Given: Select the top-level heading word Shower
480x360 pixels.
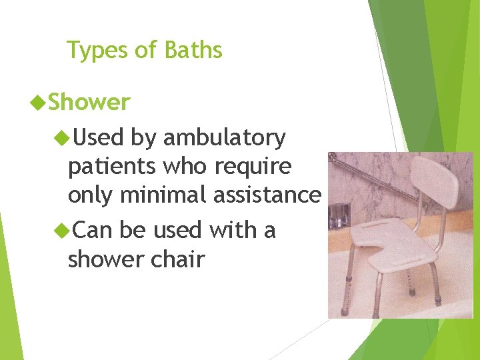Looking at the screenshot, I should (89, 103).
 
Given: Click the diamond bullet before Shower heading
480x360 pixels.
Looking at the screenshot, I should (39, 103).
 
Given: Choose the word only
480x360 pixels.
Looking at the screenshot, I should (93, 195).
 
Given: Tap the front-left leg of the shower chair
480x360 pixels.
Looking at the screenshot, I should (345, 293).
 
